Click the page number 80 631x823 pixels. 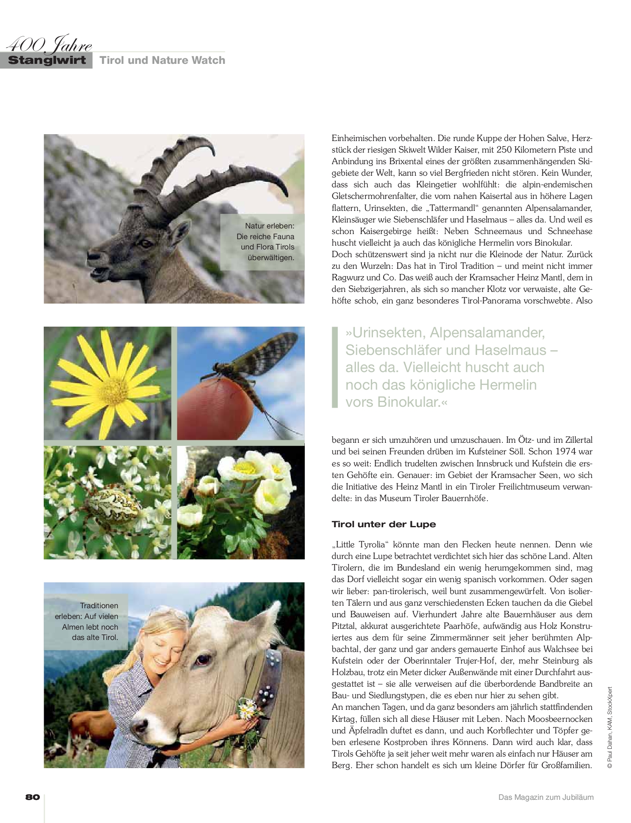33,797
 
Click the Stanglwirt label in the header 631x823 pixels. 47,60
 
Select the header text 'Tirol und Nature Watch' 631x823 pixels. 162,60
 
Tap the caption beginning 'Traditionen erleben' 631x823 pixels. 87,621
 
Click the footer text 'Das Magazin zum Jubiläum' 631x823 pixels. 546,797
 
